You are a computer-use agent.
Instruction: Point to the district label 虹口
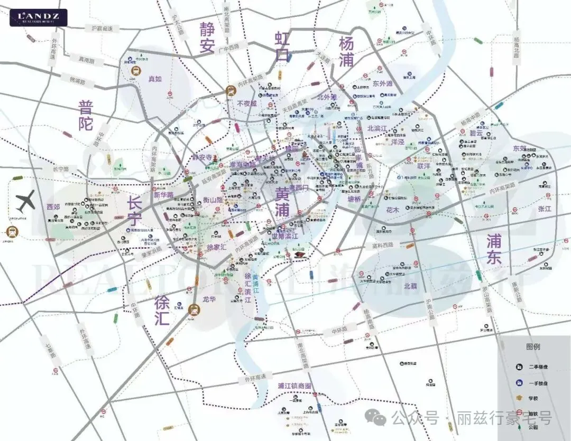click(x=282, y=46)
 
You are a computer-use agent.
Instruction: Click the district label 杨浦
click(x=346, y=51)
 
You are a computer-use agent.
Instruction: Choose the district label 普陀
click(x=86, y=116)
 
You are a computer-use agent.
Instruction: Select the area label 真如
click(x=155, y=79)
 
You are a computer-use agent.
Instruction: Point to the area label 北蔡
click(x=410, y=286)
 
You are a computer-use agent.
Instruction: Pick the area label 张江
click(x=545, y=209)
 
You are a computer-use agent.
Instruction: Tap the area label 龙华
click(x=209, y=299)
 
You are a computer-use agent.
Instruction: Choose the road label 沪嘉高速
click(x=103, y=27)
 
